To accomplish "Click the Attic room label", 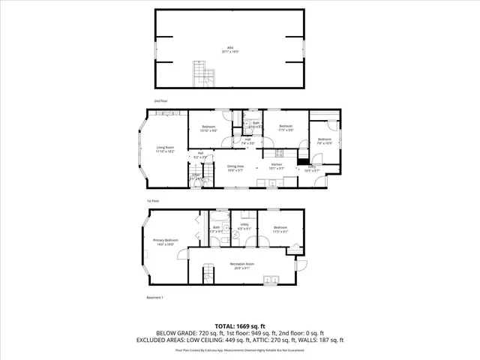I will (229, 49).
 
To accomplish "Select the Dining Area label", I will (237, 168).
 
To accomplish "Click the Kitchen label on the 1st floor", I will (276, 165).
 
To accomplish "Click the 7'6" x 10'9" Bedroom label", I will (323, 140).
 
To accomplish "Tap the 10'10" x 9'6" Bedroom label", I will (208, 128).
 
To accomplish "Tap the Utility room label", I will (244, 226).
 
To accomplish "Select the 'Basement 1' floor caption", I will (154, 298).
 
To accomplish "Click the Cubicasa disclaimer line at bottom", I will (239, 350).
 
